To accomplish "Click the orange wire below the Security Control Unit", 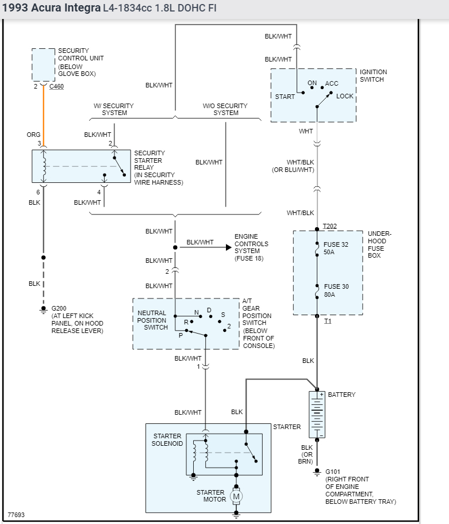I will [x=44, y=115].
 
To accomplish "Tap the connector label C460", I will [x=57, y=87].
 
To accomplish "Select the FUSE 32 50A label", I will [x=336, y=248].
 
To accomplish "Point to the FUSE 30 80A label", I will [x=336, y=290].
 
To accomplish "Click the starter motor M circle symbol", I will [x=236, y=496].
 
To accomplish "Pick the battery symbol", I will [x=317, y=414].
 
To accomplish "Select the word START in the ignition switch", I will [x=285, y=97].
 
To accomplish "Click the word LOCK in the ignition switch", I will [x=345, y=96].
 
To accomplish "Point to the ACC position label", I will [x=332, y=83].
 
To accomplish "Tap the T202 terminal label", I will [x=330, y=226].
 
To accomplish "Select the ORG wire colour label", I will [x=33, y=135].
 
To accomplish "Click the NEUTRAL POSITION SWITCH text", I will [x=152, y=320].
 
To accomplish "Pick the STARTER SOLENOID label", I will [x=167, y=439].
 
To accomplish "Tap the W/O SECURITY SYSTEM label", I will [x=225, y=109].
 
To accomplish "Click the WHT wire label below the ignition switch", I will [x=306, y=131].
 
